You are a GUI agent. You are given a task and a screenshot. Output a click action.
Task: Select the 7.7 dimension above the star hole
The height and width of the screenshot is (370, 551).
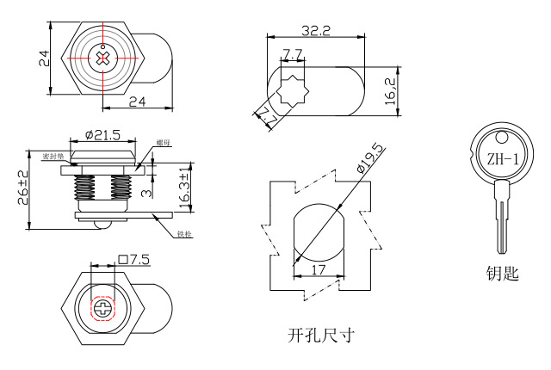[292, 55]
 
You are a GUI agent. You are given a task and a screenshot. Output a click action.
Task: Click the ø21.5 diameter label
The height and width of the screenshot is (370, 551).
[102, 135]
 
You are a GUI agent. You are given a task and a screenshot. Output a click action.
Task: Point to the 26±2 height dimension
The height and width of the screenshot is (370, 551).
[23, 189]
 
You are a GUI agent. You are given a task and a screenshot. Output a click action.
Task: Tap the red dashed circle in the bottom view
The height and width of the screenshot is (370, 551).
[103, 306]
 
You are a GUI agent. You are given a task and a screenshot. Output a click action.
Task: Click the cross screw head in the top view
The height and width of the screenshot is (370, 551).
[103, 59]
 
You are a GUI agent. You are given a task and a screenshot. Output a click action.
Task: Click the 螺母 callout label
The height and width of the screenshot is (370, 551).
[164, 143]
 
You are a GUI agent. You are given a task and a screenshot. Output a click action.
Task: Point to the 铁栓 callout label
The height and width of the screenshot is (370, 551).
[183, 234]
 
